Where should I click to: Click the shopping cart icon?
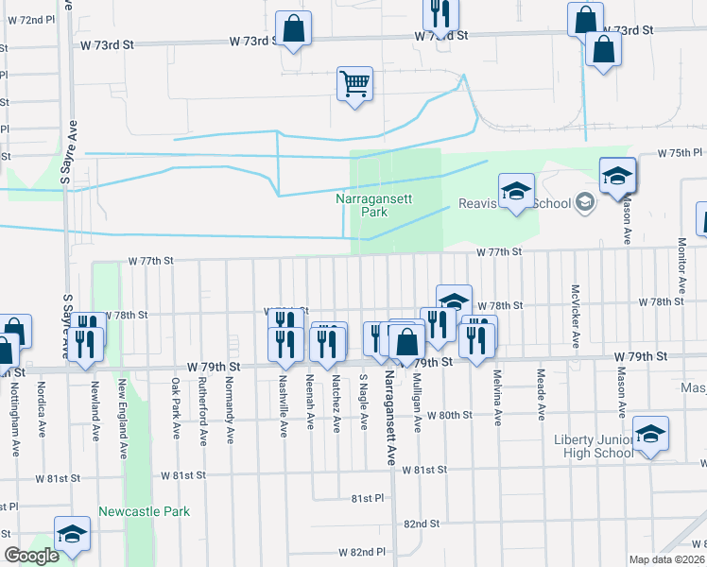click(354, 84)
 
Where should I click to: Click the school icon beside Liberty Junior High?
click(650, 435)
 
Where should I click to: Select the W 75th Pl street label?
click(681, 153)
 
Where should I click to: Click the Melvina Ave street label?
click(495, 398)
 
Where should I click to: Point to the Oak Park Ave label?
click(176, 408)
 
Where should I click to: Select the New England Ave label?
click(122, 420)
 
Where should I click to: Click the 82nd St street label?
click(421, 523)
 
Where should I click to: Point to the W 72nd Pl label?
click(30, 19)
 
